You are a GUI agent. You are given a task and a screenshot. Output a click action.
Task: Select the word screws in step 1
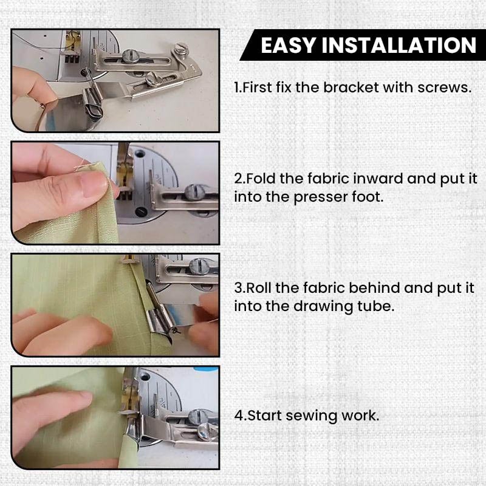(x=447, y=87)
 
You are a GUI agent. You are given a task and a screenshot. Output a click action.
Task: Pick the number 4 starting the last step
(x=238, y=417)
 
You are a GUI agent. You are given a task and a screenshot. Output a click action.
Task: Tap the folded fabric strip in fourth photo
(x=130, y=447)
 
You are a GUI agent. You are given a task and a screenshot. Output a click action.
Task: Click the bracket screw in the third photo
(x=201, y=266)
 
